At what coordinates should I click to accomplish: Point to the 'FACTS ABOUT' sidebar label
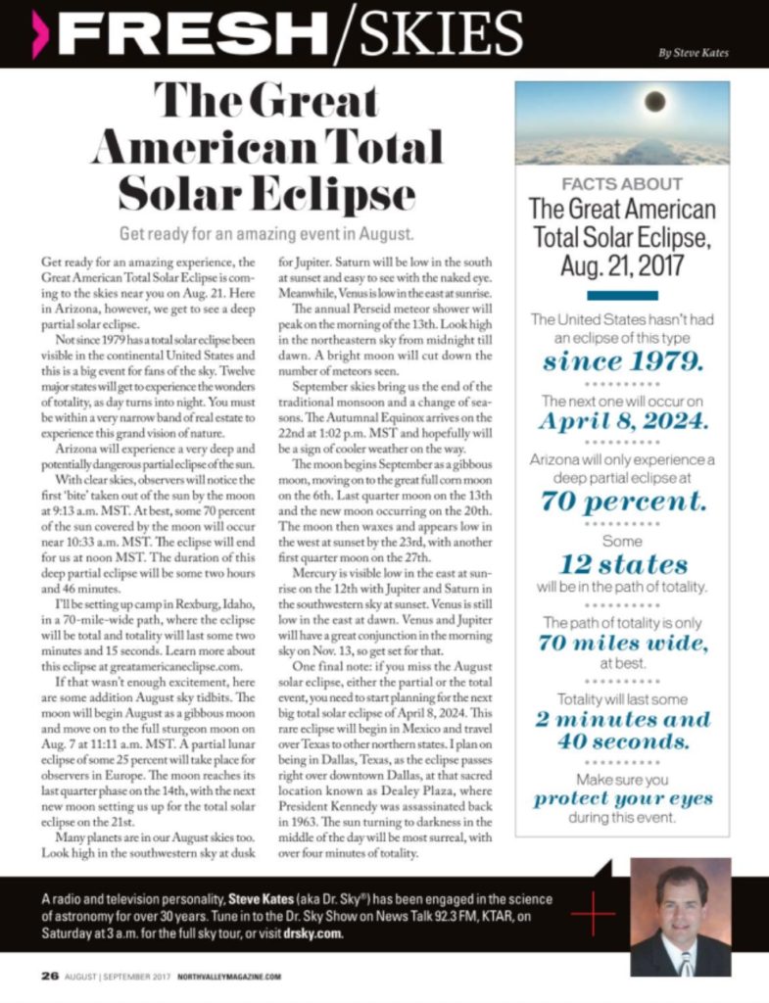point(622,184)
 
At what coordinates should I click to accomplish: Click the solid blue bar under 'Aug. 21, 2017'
point(622,294)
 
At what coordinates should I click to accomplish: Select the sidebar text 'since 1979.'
point(622,361)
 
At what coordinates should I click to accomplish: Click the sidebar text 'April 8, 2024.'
point(622,423)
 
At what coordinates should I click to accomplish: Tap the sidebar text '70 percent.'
point(622,501)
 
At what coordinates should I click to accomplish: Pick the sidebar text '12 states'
point(622,564)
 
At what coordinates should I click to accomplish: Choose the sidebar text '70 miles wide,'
point(622,644)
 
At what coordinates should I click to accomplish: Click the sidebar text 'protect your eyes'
point(622,798)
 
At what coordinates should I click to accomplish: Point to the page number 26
point(49,977)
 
